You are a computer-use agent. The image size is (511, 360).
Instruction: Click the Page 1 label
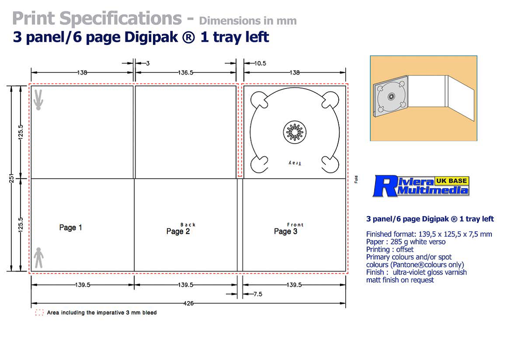[x=71, y=228]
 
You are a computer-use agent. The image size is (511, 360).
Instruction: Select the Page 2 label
[x=178, y=231]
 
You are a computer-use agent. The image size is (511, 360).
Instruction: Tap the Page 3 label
[x=286, y=231]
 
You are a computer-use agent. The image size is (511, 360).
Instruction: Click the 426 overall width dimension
[x=188, y=304]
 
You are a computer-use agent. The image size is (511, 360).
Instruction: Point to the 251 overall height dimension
[x=12, y=178]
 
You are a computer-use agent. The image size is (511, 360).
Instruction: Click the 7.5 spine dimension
[x=257, y=294]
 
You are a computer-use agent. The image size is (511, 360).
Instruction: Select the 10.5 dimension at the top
[x=260, y=63]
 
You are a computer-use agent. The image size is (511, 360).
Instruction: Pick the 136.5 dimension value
[x=186, y=72]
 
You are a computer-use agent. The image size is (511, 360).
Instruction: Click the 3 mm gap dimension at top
[x=147, y=63]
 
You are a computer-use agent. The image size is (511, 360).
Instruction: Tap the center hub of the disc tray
[x=293, y=131]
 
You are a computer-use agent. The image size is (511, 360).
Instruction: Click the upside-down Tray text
[x=295, y=163]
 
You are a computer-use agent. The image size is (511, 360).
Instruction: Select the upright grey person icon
[x=39, y=258]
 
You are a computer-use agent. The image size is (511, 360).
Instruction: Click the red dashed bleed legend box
[x=39, y=312]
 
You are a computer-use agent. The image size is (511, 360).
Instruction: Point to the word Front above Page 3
[x=295, y=225]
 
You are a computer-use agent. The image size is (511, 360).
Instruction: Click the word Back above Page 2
[x=188, y=225]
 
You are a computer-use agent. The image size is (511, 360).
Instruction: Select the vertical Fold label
[x=356, y=179]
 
